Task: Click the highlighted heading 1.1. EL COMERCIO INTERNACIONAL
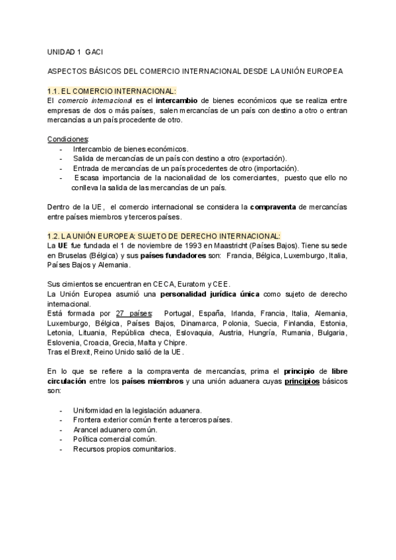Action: pyautogui.click(x=112, y=90)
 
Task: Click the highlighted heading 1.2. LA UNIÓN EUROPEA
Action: pyautogui.click(x=164, y=236)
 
